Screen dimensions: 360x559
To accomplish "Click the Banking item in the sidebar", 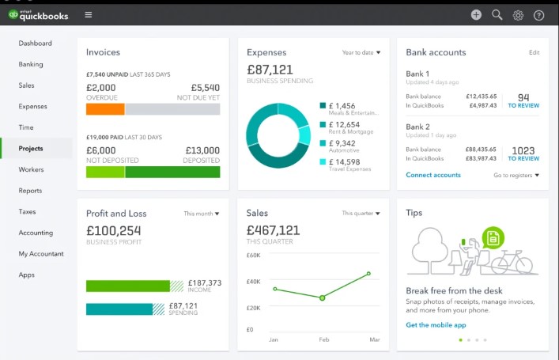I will (x=31, y=64).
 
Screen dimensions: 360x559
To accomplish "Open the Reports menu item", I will (x=30, y=191).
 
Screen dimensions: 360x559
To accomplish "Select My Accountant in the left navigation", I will (x=41, y=254).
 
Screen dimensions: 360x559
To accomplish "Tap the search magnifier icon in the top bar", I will (x=497, y=14).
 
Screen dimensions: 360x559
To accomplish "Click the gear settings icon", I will (x=518, y=15).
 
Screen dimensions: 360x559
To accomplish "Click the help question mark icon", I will (x=539, y=15).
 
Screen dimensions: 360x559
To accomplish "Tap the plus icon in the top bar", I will (x=476, y=14).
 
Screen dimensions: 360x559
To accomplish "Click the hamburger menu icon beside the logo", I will (x=88, y=14).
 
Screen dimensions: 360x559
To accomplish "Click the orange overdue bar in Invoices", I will (x=105, y=109).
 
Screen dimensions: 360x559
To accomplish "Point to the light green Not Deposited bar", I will (x=105, y=172).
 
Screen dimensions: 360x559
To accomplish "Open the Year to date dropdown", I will (x=361, y=53).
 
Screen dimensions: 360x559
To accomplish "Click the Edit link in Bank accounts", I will (x=534, y=53).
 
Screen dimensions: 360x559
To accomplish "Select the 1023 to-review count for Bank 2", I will (x=523, y=150).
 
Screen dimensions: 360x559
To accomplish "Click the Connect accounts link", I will (x=433, y=175).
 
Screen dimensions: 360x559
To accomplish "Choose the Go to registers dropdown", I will (x=516, y=175).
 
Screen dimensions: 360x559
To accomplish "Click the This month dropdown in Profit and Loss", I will (x=202, y=214).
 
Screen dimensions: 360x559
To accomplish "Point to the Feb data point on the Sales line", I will (x=322, y=297).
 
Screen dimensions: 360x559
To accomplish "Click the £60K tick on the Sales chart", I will (x=254, y=256).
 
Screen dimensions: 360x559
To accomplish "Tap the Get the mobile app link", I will (x=436, y=325).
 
